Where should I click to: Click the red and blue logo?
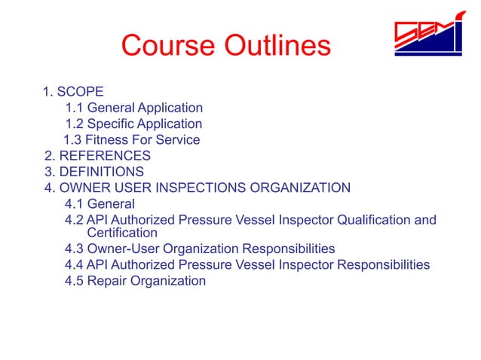point(427,35)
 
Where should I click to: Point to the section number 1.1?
point(75,108)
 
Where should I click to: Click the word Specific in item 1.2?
point(112,124)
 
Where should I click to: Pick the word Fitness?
point(107,140)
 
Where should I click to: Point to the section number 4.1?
point(75,204)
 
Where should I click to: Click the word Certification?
point(123,233)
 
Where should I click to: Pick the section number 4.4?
point(75,265)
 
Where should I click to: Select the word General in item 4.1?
point(111,204)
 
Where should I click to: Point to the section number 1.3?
point(73,140)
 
